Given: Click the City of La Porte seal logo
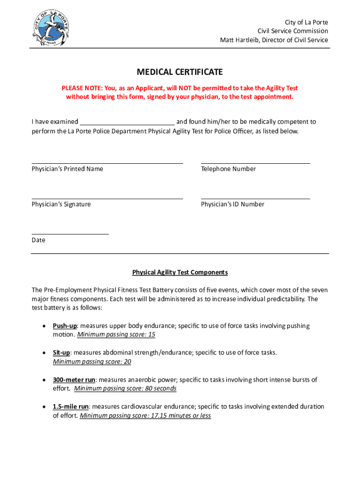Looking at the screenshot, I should (50, 29).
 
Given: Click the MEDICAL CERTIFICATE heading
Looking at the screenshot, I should (180, 72).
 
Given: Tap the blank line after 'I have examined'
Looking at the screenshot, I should (127, 122).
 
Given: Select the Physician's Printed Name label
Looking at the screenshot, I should (67, 169).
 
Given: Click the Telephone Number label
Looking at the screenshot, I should (229, 169).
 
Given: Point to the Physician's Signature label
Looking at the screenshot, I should (61, 204).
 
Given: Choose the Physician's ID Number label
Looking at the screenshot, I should (233, 204).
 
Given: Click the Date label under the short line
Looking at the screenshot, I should (38, 240).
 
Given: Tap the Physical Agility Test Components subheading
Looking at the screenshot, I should (180, 272).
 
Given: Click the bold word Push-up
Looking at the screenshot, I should (65, 326).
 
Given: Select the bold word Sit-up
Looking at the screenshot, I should (61, 353).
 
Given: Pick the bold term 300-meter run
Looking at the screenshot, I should (74, 380).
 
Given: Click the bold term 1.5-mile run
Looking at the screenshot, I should (71, 407).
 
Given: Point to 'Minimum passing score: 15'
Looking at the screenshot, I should (116, 335).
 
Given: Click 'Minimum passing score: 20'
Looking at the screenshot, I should (92, 362).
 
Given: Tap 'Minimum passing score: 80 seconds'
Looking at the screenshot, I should (125, 389).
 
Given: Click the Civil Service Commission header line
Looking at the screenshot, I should (293, 31).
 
